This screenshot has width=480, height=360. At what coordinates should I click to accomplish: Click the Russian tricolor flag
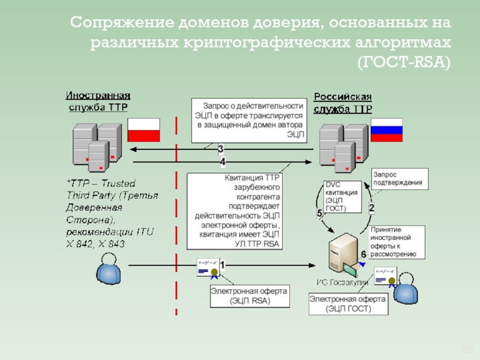click(x=386, y=130)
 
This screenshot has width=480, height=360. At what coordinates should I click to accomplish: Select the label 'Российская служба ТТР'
click(x=343, y=103)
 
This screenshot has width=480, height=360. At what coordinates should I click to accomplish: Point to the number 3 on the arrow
click(x=221, y=149)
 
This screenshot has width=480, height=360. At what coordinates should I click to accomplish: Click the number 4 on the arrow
click(x=223, y=161)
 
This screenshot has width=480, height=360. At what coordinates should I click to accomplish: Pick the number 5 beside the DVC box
click(x=320, y=212)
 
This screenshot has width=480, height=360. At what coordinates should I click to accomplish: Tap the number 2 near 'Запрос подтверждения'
click(x=371, y=208)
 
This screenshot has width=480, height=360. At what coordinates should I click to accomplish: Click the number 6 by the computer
click(x=363, y=254)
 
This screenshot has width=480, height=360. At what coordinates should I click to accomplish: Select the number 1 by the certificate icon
click(x=222, y=264)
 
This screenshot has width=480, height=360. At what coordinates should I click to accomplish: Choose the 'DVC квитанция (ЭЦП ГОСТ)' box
click(x=343, y=196)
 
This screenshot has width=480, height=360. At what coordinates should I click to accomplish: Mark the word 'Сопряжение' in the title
click(x=120, y=23)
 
